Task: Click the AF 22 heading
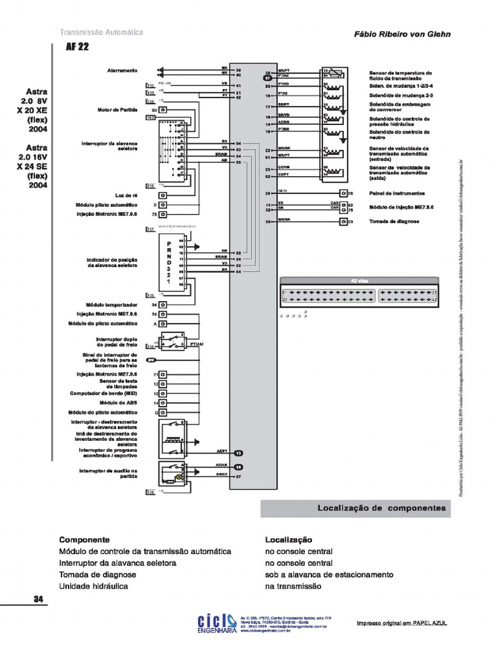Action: click(x=77, y=48)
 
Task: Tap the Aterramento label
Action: click(x=122, y=70)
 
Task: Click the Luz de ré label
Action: click(x=126, y=195)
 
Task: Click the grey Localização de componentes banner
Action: click(x=356, y=508)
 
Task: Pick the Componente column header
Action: click(x=85, y=540)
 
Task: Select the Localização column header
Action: click(x=288, y=540)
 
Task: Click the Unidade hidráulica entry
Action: click(x=94, y=586)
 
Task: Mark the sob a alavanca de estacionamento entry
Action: click(x=329, y=575)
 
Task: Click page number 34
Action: click(x=38, y=600)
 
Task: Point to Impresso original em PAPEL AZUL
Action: click(x=402, y=623)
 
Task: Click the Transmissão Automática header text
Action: click(x=101, y=33)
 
